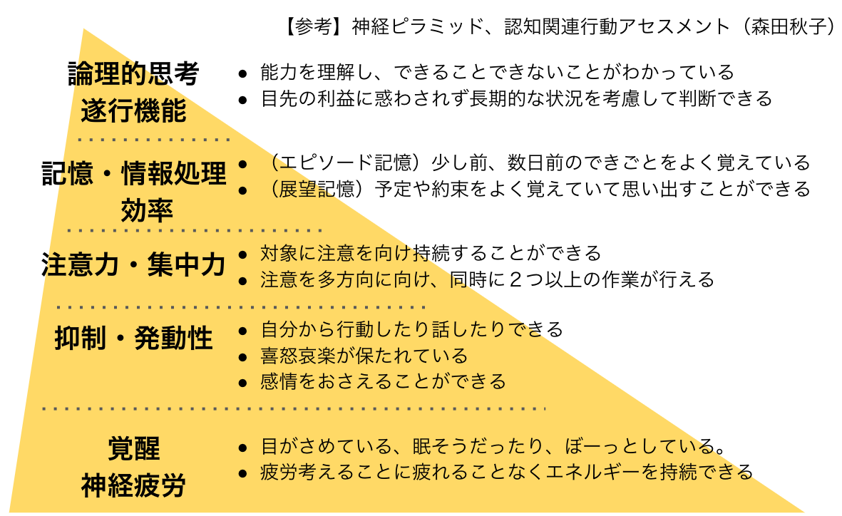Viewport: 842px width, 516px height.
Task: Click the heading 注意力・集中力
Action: point(133,265)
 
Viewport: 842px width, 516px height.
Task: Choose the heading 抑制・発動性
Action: point(133,339)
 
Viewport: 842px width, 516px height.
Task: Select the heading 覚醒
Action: point(133,449)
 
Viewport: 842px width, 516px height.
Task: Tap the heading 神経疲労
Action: point(133,485)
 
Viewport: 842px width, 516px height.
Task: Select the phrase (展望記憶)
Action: point(314,189)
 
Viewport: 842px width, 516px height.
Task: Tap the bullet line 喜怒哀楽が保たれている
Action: point(364,355)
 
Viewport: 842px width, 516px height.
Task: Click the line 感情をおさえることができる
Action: point(383,381)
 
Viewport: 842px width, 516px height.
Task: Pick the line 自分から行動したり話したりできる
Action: point(412,329)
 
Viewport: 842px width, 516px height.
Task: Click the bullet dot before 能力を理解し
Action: point(243,73)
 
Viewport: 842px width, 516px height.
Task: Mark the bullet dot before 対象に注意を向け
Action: point(243,254)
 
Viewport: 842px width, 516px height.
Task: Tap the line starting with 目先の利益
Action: point(516,98)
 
